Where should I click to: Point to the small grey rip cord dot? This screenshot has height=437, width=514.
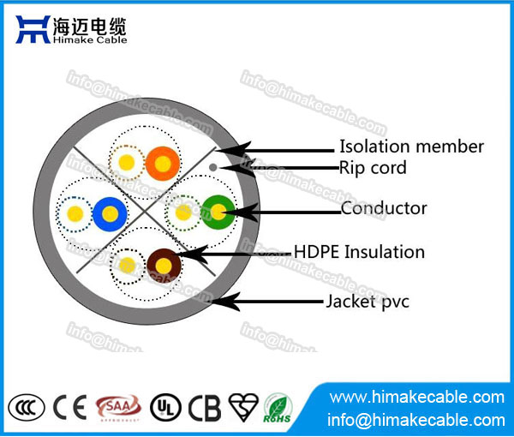click(213, 165)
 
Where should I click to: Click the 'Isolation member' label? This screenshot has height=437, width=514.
click(411, 147)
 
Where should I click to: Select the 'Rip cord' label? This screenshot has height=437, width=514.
click(373, 168)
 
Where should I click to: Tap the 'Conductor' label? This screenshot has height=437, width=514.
click(383, 208)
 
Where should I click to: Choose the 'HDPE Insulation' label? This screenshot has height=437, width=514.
click(359, 252)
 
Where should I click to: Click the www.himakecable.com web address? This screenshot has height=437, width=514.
click(417, 398)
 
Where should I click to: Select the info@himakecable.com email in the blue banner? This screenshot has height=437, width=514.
click(417, 420)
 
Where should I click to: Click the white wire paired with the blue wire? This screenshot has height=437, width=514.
click(75, 213)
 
